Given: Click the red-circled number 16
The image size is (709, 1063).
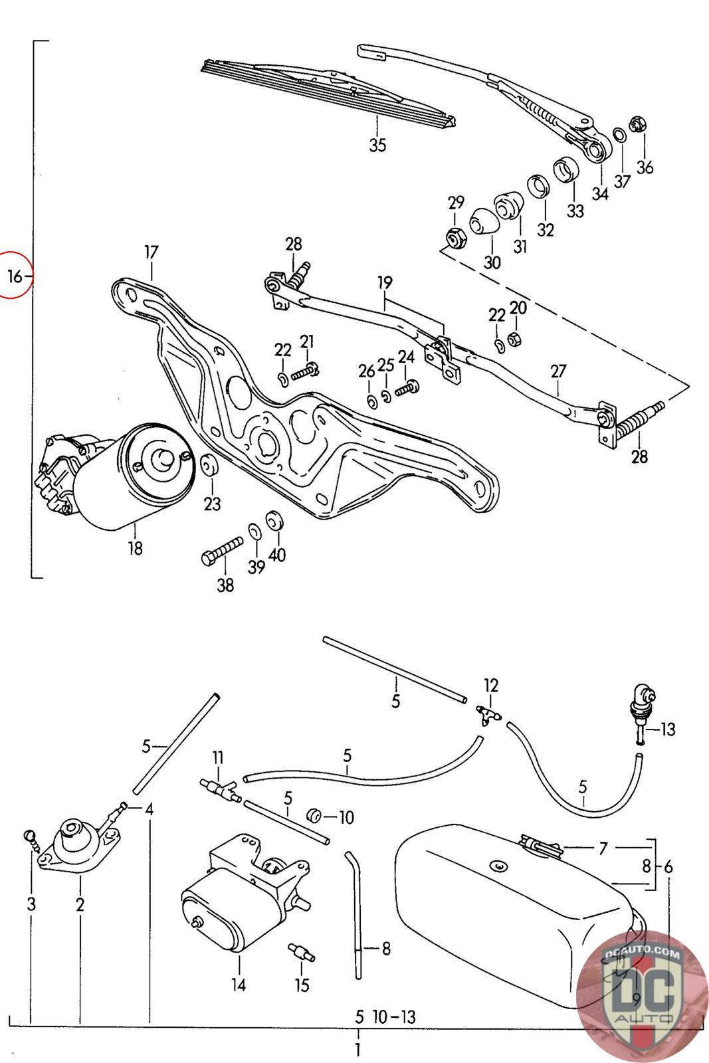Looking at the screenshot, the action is tap(15, 276).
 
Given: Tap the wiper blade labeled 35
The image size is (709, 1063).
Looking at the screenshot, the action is tap(328, 93).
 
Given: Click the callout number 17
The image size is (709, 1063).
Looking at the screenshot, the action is tap(151, 252).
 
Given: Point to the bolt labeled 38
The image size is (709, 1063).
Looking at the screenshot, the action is tap(222, 549).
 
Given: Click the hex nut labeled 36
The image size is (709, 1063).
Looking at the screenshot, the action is tap(635, 124).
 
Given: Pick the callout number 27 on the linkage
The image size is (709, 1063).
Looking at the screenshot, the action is tap(558, 371).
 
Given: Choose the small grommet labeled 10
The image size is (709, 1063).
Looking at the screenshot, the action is tap(314, 815).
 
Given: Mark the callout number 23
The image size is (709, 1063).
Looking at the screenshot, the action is tap(212, 503).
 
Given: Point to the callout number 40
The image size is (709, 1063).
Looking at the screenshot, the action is tap(277, 554).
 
